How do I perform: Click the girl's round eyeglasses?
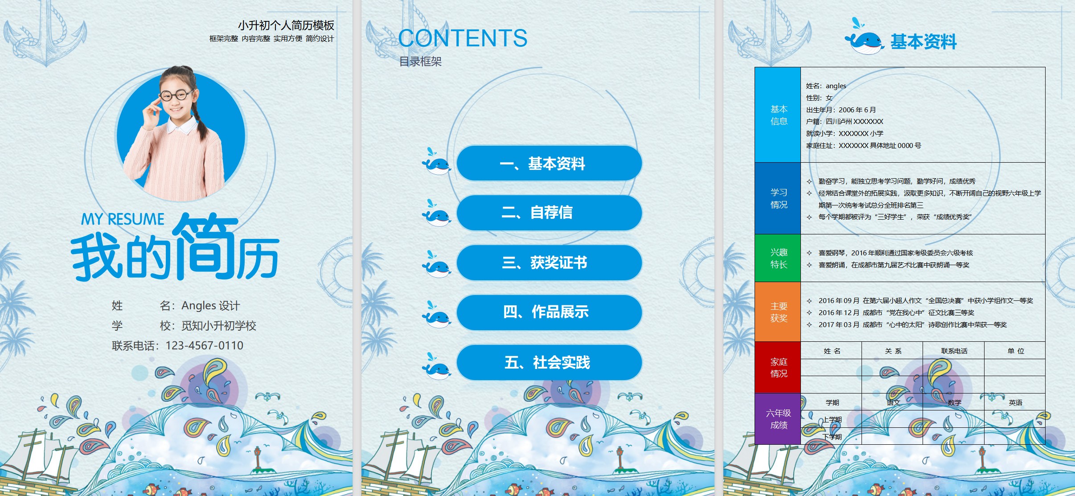[176, 95]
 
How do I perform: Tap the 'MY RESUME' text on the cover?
[123, 219]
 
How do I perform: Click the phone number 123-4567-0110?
[204, 345]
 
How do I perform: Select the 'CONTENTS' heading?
[463, 38]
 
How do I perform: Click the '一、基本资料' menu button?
[549, 163]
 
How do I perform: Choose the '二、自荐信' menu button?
[549, 213]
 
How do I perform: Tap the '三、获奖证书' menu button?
[549, 262]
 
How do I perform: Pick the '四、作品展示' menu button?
[549, 312]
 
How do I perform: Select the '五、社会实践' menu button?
[549, 362]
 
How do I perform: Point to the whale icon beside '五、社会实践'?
[436, 367]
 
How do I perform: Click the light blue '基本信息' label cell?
[778, 115]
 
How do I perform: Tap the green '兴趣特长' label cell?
[778, 258]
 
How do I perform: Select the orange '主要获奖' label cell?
[778, 312]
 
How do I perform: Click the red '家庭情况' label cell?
[778, 367]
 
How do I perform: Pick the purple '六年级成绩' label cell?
[778, 419]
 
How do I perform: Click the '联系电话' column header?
[954, 351]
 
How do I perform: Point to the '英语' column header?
[1015, 402]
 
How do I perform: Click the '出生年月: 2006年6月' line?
[841, 110]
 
